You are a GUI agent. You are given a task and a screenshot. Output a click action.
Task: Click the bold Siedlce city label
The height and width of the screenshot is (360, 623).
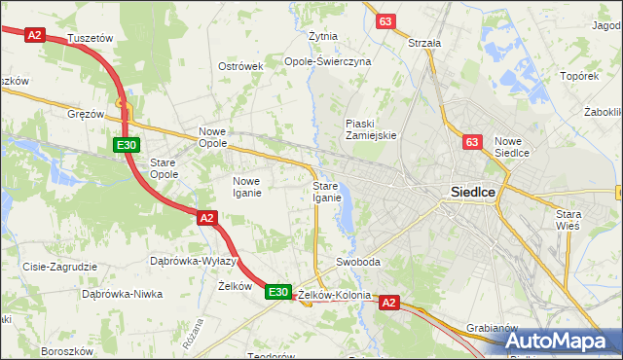[x=473, y=193]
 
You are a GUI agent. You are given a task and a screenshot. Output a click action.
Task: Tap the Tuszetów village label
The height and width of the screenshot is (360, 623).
[x=93, y=38]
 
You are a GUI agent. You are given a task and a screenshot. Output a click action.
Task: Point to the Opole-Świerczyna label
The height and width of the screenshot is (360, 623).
[x=327, y=60]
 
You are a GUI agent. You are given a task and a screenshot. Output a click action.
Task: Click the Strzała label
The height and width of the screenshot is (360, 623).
[x=424, y=43]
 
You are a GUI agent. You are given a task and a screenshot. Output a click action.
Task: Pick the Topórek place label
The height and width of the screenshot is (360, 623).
[x=578, y=75]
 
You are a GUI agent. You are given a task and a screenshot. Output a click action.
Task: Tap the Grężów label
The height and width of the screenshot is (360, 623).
[x=86, y=114]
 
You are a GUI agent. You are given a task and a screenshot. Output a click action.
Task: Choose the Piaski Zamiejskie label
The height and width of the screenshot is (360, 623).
[x=371, y=129]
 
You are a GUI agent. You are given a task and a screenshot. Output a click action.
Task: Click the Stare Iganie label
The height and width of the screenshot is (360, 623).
[x=326, y=192]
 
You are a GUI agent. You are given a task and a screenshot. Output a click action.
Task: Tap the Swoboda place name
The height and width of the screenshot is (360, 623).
[x=357, y=263]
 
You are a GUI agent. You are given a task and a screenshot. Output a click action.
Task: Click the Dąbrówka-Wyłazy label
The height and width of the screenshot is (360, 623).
[x=194, y=261]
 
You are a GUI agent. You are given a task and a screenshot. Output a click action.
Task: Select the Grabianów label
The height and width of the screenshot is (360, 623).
[x=491, y=328]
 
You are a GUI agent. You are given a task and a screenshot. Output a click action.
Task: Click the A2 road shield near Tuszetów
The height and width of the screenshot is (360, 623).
[x=35, y=34]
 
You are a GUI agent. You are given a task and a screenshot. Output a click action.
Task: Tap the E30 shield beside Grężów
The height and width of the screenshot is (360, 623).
[x=125, y=146]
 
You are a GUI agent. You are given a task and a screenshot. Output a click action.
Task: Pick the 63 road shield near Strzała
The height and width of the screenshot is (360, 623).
[x=386, y=21]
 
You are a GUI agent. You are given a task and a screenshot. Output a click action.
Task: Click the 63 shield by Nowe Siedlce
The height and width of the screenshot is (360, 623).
[x=472, y=143]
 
